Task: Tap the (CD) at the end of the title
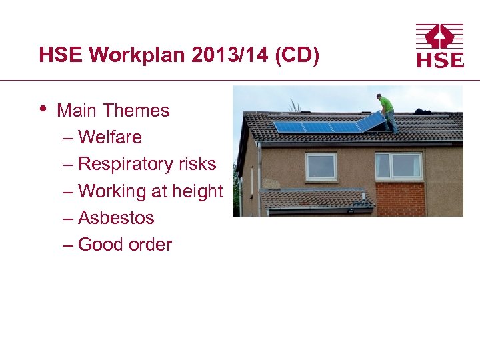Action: click(x=299, y=55)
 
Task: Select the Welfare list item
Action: click(x=110, y=137)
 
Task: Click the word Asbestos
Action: click(x=116, y=218)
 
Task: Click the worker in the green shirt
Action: click(x=385, y=109)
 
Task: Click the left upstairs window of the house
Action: click(x=321, y=165)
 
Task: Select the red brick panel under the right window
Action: click(x=400, y=198)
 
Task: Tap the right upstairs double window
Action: click(x=399, y=165)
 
